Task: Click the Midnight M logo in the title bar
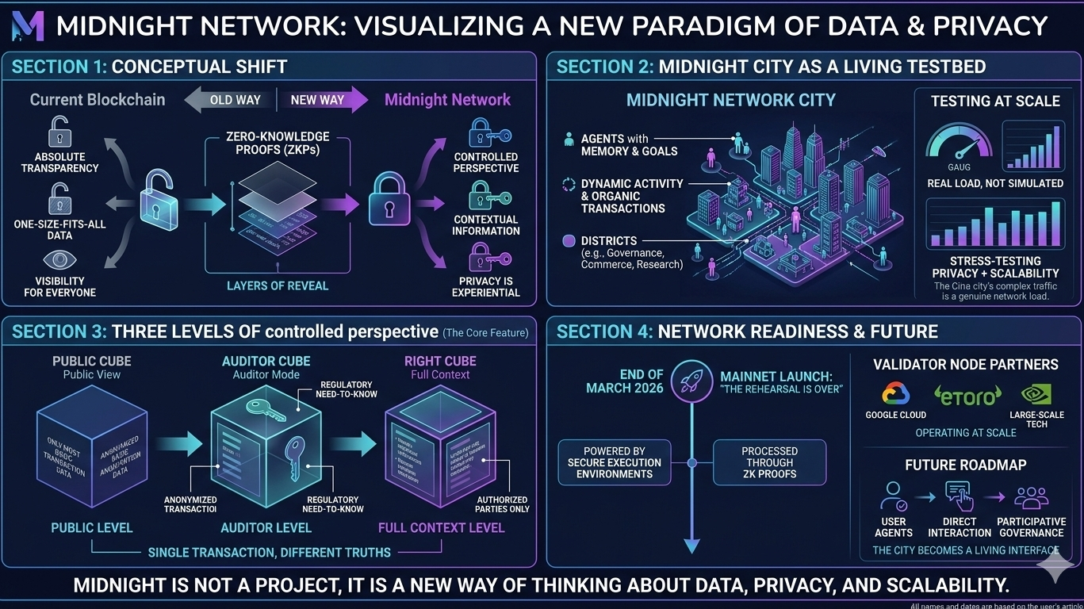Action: click(x=29, y=26)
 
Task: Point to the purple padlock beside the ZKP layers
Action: click(x=389, y=203)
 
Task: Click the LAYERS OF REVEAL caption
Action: click(x=278, y=285)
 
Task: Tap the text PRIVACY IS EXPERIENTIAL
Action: click(x=485, y=286)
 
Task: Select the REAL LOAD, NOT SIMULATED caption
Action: click(x=995, y=183)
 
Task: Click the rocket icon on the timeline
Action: click(x=691, y=381)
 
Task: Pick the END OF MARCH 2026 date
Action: click(x=625, y=381)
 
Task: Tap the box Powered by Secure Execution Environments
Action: click(x=615, y=462)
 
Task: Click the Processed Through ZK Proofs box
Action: click(x=769, y=462)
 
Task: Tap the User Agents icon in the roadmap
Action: click(x=893, y=496)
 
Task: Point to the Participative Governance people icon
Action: click(x=1031, y=497)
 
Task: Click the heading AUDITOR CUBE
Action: click(x=266, y=362)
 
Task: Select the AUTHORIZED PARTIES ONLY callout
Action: click(x=502, y=504)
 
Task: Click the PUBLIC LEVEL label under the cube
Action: click(x=92, y=528)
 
